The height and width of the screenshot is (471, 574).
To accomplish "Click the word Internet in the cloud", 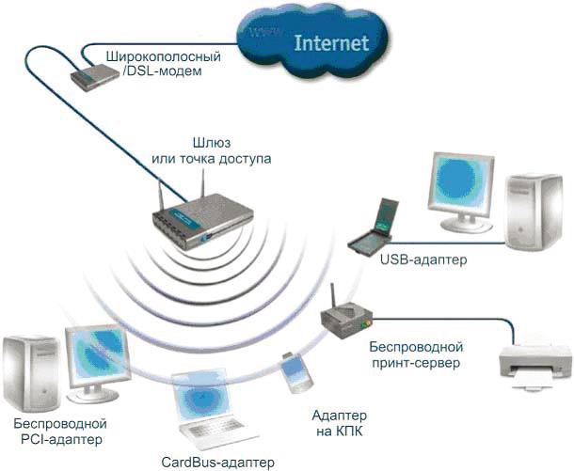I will coord(330,43).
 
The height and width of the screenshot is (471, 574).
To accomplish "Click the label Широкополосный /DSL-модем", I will coord(169,63).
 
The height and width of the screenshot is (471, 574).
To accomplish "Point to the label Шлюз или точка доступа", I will coord(211,150).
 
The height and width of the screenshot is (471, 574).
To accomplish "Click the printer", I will coord(534,362).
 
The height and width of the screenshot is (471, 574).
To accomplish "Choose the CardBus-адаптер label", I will coord(217,462).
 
